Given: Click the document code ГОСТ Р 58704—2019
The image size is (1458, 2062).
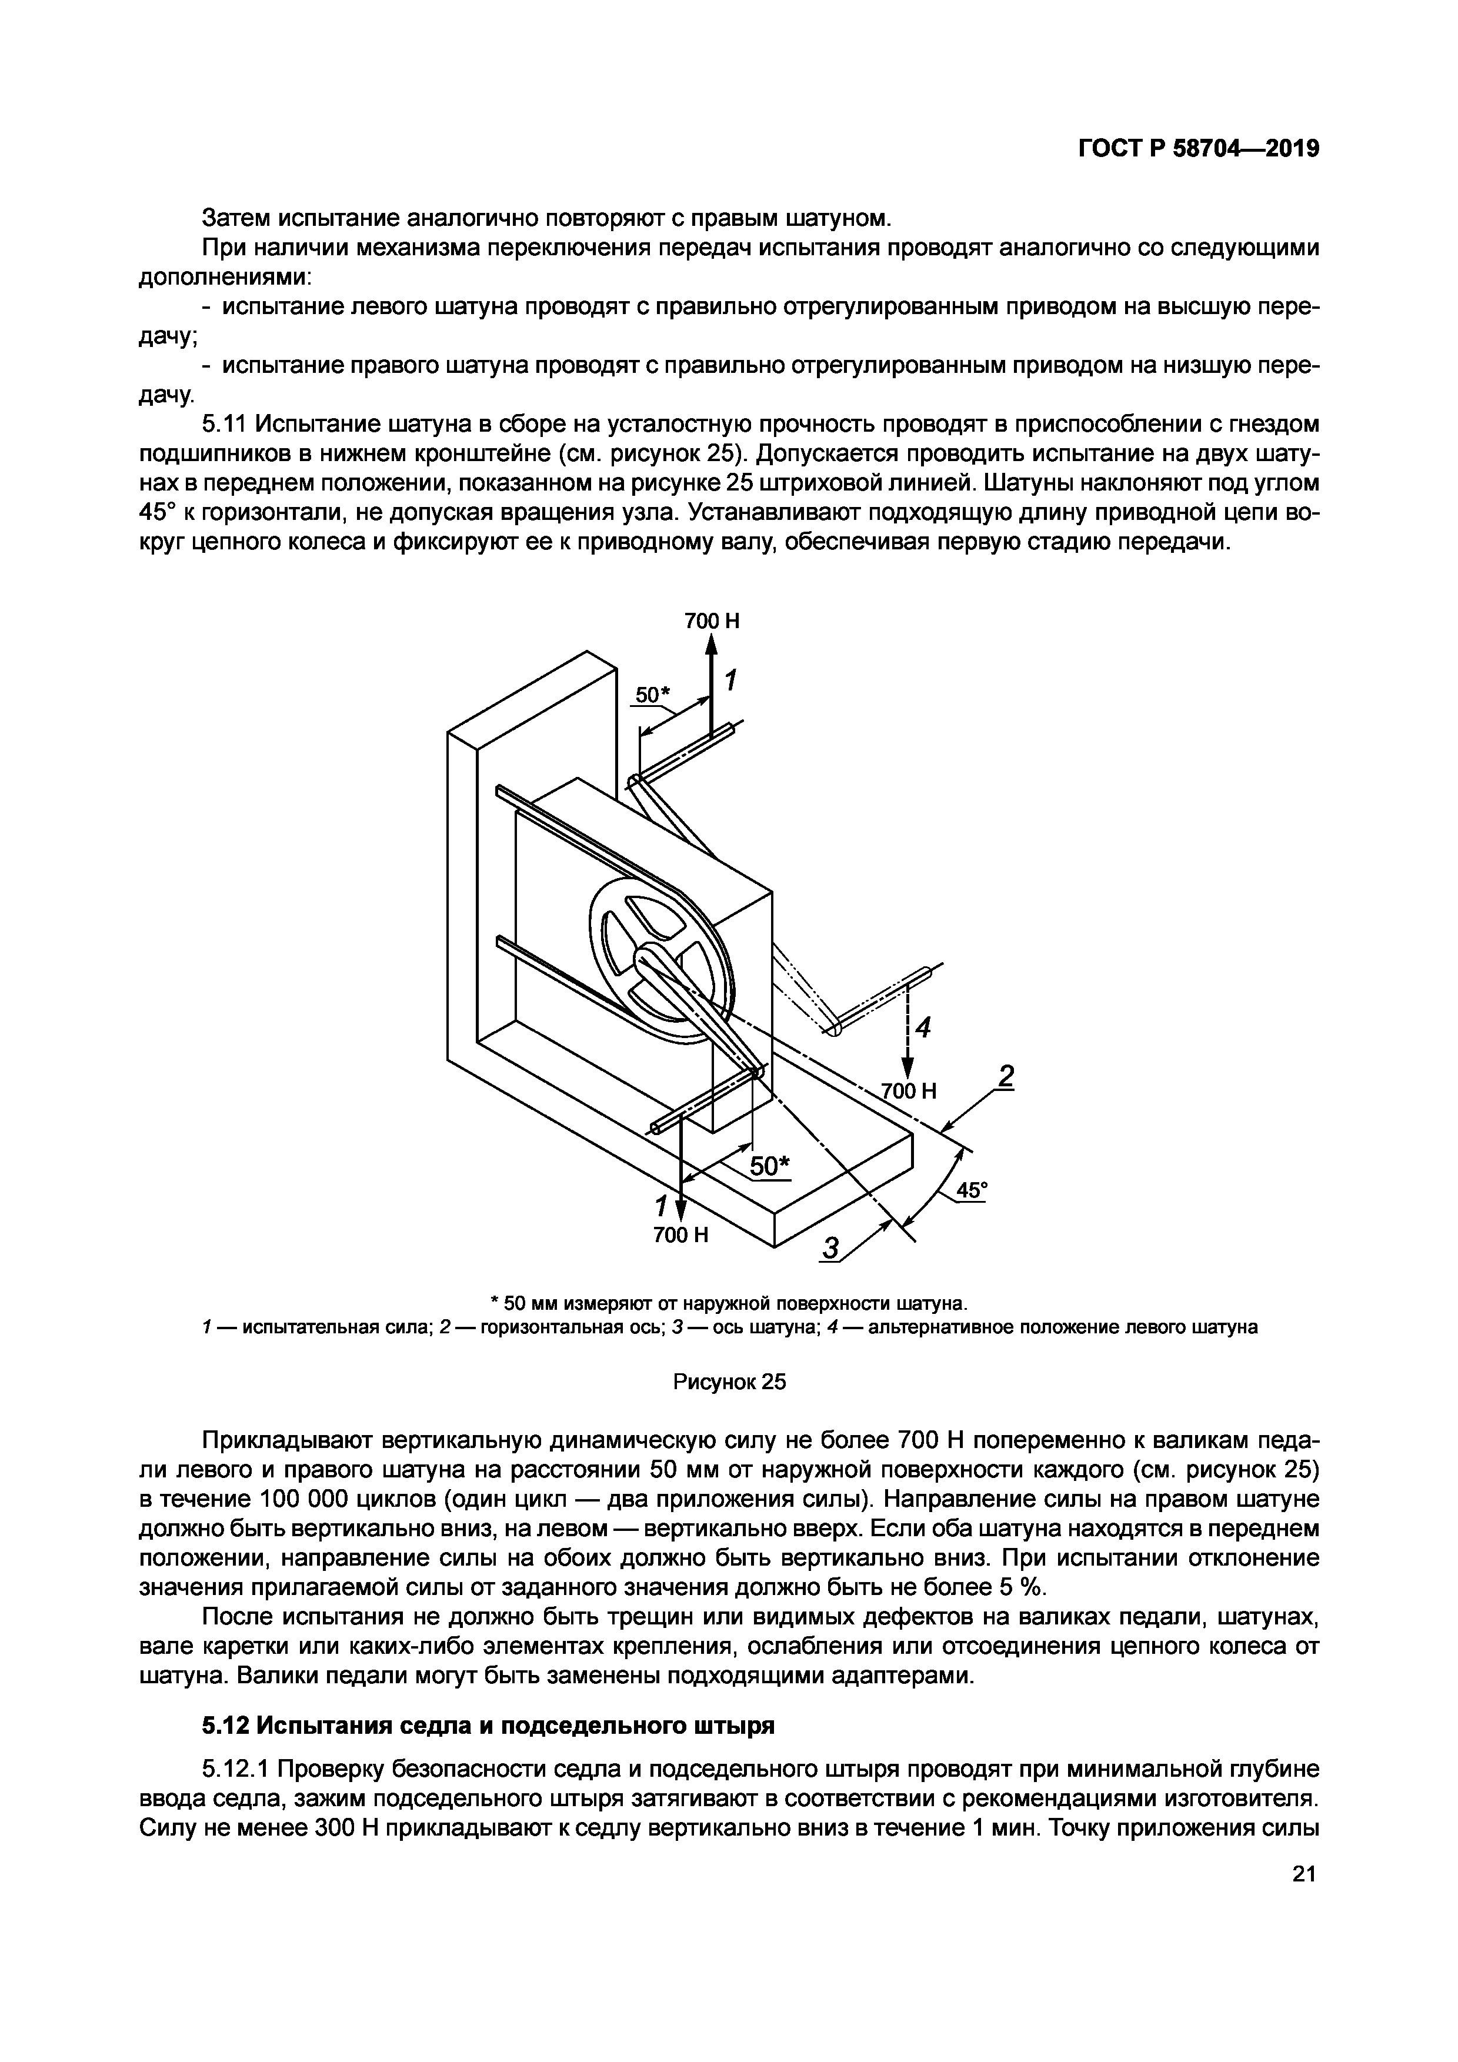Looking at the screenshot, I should [x=1197, y=149].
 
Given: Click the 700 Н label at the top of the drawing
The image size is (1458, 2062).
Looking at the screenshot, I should [x=712, y=620].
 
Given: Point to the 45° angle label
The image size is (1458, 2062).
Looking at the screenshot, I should [x=970, y=1190].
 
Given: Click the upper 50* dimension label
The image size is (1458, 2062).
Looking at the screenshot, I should [x=653, y=695].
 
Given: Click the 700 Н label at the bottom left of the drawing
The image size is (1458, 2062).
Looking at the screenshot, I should [x=680, y=1235].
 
